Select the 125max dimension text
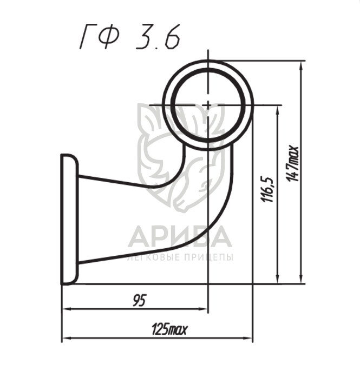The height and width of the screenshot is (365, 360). click(x=169, y=329)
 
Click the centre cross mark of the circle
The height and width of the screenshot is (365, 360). click(x=208, y=105)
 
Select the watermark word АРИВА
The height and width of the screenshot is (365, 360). click(x=180, y=236)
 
